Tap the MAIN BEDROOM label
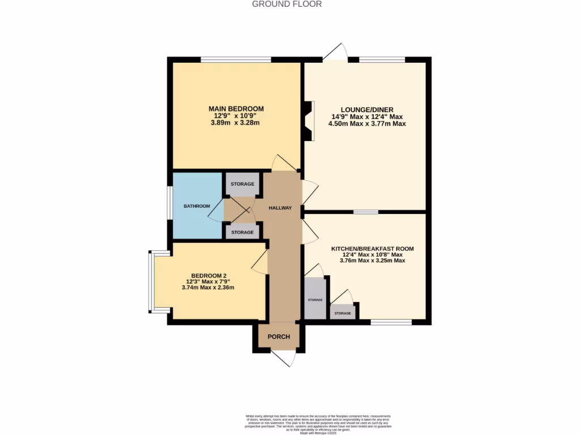[236, 109]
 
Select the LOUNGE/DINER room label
[367, 109]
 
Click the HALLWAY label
[280, 208]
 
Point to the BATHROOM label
[197, 206]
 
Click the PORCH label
[279, 336]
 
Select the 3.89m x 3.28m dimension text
[235, 123]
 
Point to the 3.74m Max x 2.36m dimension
[208, 288]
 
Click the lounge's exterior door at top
[335, 54]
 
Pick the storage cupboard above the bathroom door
[242, 185]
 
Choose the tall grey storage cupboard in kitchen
[314, 298]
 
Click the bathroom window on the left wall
[169, 203]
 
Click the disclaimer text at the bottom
[318, 424]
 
